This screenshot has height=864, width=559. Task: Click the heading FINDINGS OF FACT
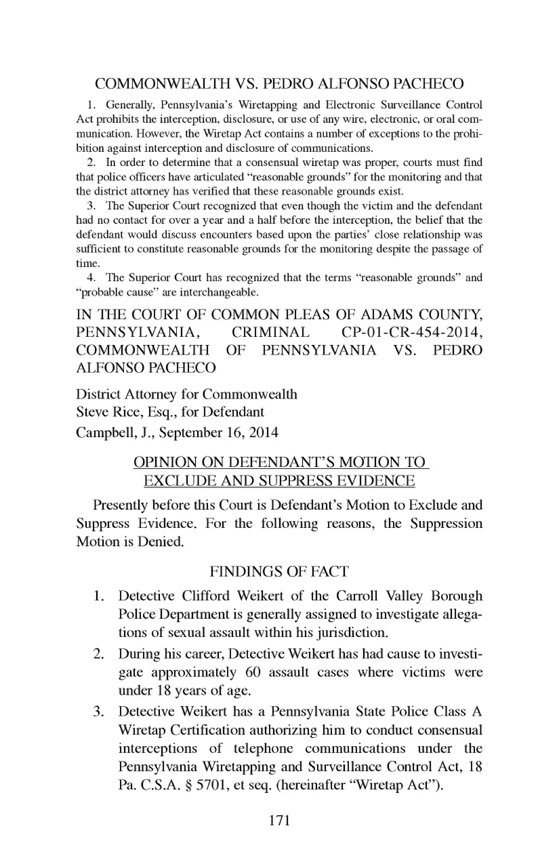click(x=279, y=571)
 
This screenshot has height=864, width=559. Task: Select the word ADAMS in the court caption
click(x=384, y=315)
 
